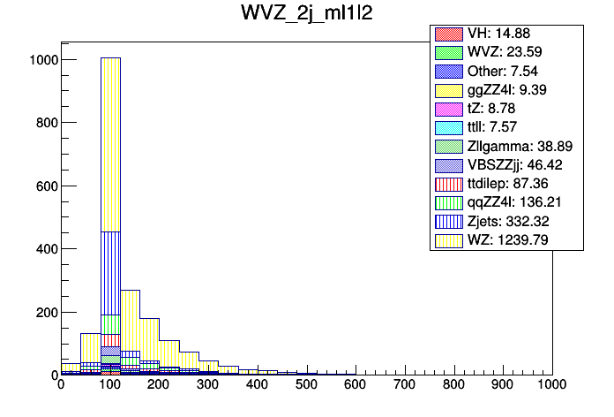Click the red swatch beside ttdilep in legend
pyautogui.click(x=448, y=184)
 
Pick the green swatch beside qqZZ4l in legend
pyautogui.click(x=448, y=202)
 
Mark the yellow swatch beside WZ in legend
pyautogui.click(x=448, y=239)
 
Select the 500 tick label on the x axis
pyautogui.click(x=306, y=386)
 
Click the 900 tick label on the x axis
pyautogui.click(x=503, y=386)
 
